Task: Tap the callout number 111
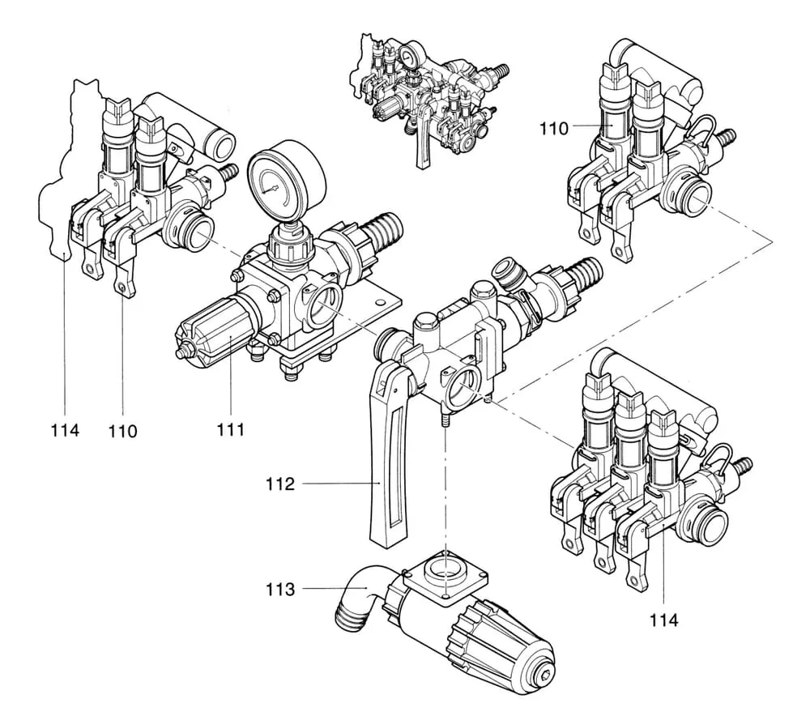[231, 430]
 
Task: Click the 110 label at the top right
[557, 127]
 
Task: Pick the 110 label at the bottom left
[123, 430]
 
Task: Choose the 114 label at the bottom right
[665, 620]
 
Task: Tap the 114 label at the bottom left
[64, 430]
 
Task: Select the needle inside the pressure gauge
[279, 188]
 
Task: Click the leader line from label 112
[340, 484]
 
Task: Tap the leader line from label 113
[324, 590]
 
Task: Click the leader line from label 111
[231, 381]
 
